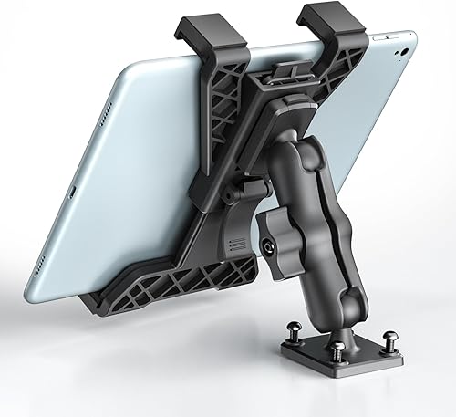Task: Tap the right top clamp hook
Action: click(327, 27)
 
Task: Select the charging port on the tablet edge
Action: click(70, 193)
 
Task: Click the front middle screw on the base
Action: click(340, 349)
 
